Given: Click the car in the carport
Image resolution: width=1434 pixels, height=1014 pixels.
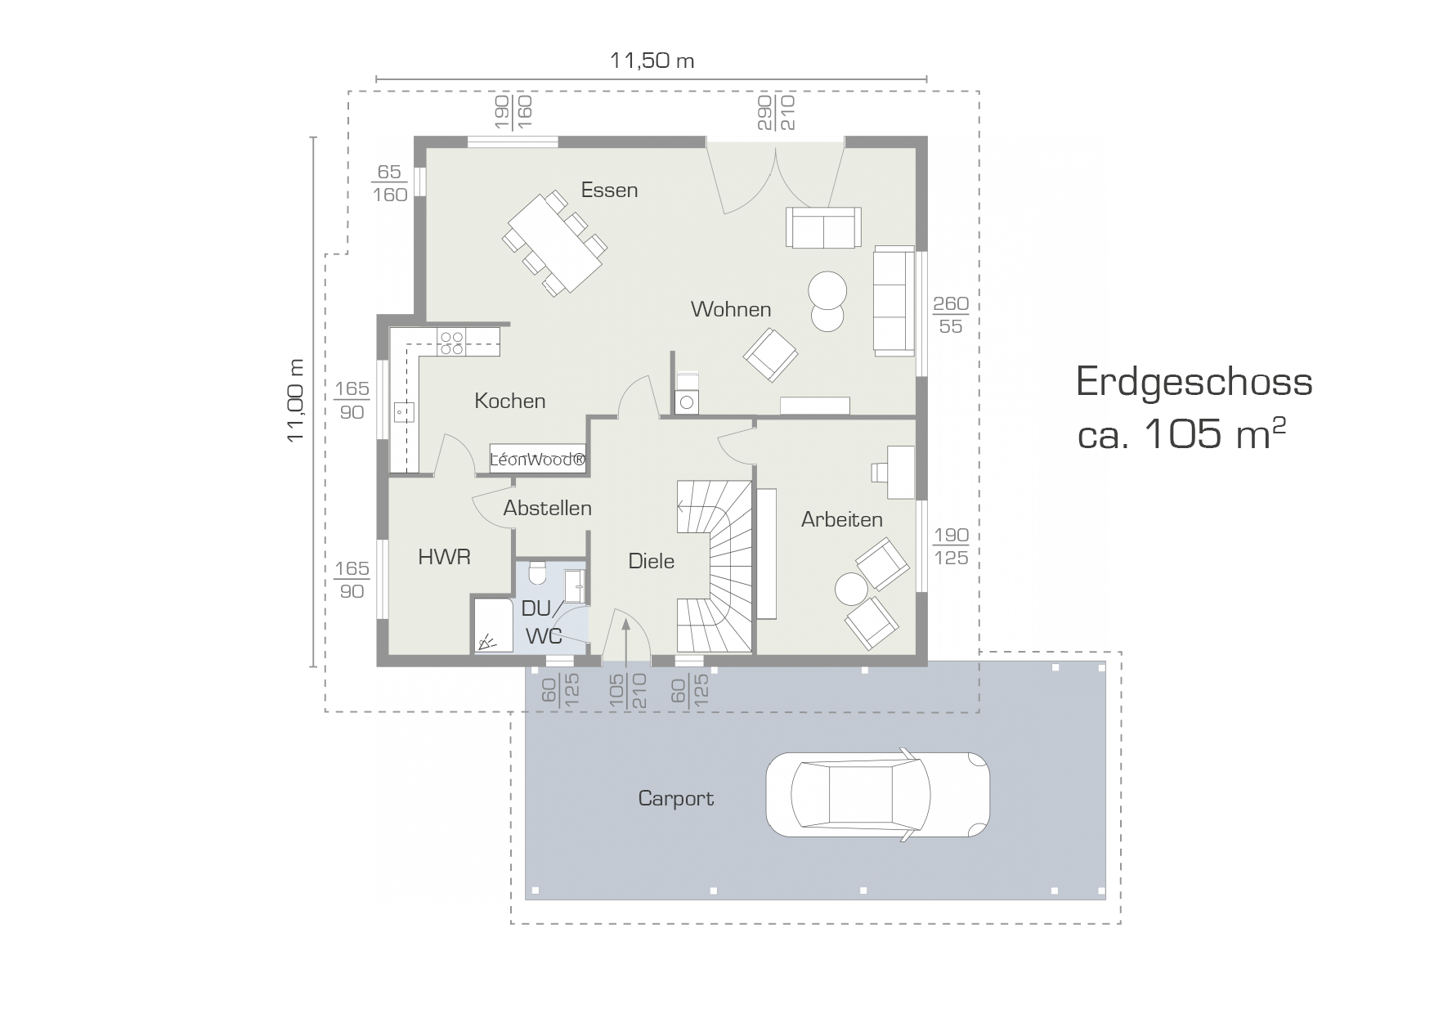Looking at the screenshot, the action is [877, 794].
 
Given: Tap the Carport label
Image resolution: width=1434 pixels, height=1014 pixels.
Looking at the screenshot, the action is [675, 798].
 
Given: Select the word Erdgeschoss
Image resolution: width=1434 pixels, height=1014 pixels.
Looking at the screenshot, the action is [1194, 383].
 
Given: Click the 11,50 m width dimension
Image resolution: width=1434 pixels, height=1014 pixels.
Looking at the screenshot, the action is [652, 61].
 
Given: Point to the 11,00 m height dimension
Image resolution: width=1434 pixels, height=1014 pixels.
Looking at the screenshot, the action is [296, 401].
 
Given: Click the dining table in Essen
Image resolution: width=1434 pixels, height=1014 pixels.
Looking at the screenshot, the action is [555, 243].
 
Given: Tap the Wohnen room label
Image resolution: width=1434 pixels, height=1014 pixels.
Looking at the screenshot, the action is [731, 309].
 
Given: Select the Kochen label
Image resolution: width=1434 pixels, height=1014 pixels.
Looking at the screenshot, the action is [510, 401].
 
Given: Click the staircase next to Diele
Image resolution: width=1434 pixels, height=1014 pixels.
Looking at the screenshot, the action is [715, 566].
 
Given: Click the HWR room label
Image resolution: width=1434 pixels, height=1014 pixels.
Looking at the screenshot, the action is [444, 557].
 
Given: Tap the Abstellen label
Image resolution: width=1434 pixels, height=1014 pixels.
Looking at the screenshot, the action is [547, 508].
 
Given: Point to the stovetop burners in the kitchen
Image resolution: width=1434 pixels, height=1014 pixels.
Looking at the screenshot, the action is [451, 343].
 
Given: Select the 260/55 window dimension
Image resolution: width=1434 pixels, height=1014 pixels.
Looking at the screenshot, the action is [951, 315].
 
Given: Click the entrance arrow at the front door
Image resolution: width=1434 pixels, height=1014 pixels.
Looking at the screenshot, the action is [625, 642].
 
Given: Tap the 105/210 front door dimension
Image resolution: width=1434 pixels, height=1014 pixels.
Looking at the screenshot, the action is [627, 691].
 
